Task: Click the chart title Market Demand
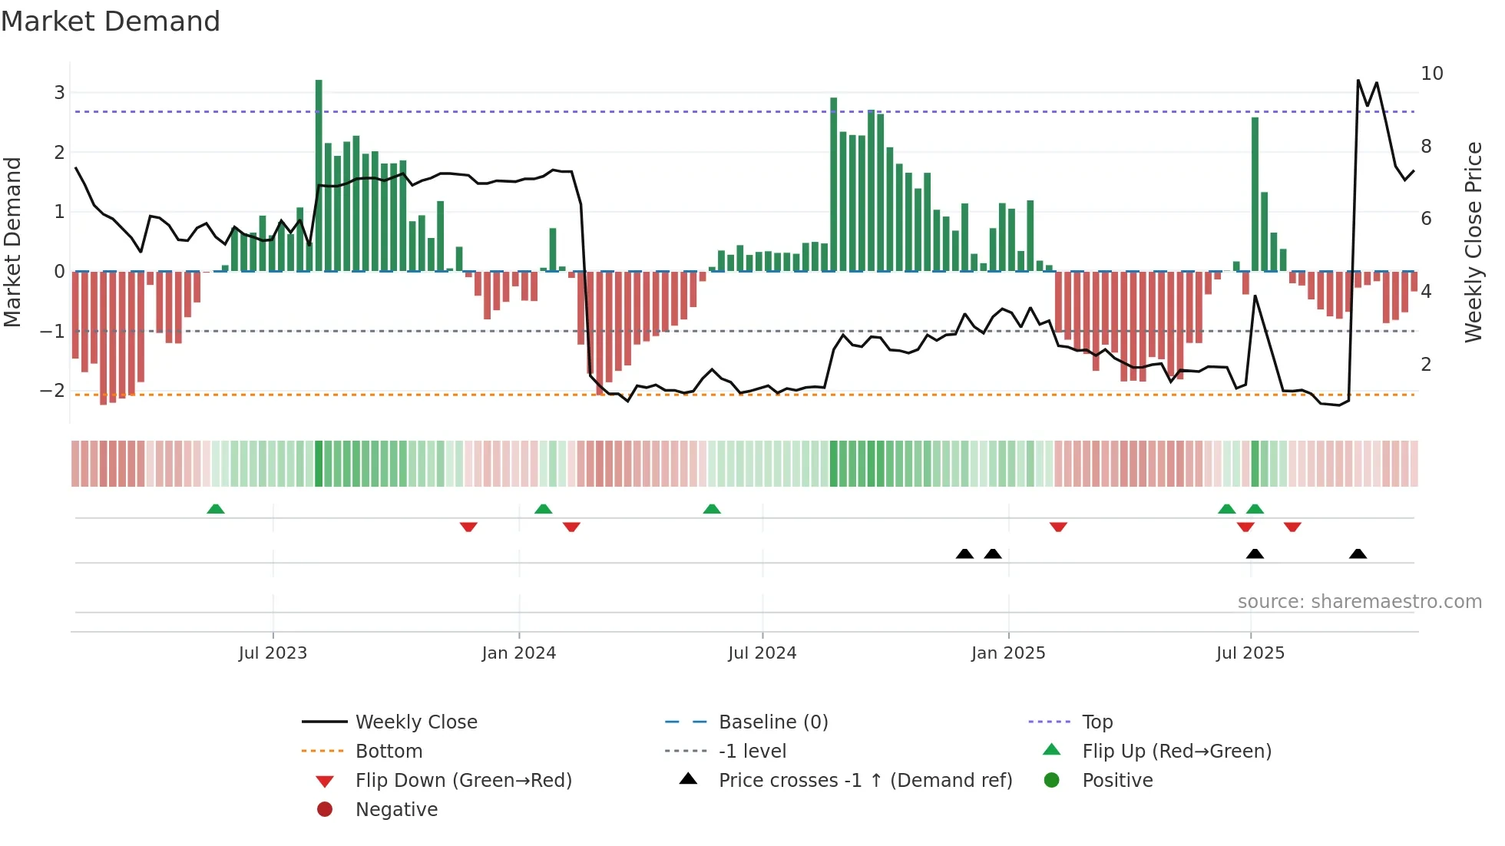(111, 21)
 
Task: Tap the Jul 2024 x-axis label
(762, 653)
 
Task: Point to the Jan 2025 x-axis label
(1007, 653)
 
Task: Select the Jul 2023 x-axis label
(273, 653)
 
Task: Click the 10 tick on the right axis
(1431, 74)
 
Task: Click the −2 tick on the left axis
(52, 391)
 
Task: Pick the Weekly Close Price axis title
(1473, 242)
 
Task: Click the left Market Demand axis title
(12, 242)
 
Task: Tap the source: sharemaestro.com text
(1359, 602)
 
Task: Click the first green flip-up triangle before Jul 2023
(216, 509)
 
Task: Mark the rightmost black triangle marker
(1358, 554)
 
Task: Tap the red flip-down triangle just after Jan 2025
(1058, 527)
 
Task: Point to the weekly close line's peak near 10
(1358, 81)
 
